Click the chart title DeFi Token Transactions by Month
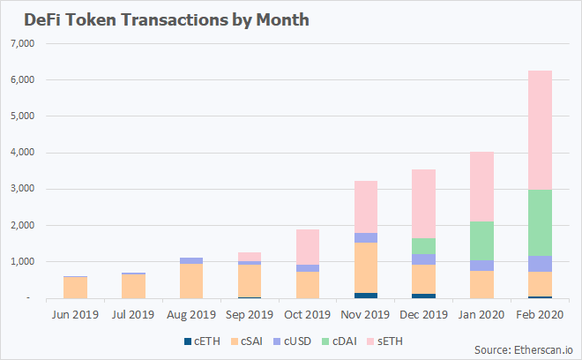pyautogui.click(x=160, y=19)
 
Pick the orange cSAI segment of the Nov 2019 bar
pyautogui.click(x=364, y=267)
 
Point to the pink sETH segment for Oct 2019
pyautogui.click(x=308, y=247)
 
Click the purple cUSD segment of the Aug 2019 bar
pyautogui.click(x=191, y=260)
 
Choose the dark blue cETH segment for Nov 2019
pyautogui.click(x=364, y=296)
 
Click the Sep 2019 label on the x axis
pyautogui.click(x=249, y=314)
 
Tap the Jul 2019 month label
pyautogui.click(x=132, y=314)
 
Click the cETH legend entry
pyautogui.click(x=200, y=341)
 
